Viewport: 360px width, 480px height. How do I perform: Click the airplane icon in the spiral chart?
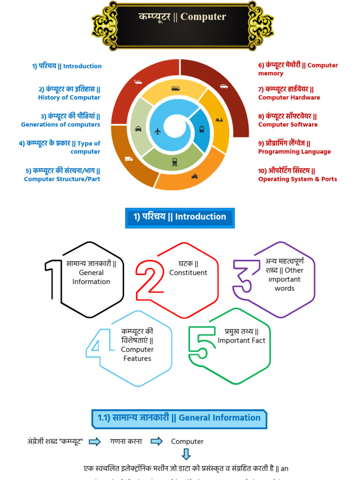click(157, 131)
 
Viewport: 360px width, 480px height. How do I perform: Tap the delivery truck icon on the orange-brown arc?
click(129, 159)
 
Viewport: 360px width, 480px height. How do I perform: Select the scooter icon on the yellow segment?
click(219, 120)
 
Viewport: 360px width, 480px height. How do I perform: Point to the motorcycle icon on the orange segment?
click(195, 176)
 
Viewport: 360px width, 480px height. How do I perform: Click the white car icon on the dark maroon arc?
click(224, 86)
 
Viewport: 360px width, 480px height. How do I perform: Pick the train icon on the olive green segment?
click(175, 162)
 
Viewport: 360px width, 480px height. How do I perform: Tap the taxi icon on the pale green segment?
click(138, 129)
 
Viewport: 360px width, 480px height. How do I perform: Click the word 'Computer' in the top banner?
click(203, 17)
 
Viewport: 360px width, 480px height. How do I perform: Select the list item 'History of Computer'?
click(69, 97)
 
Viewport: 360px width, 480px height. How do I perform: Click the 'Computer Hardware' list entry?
click(289, 97)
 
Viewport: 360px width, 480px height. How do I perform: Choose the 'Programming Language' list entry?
click(294, 151)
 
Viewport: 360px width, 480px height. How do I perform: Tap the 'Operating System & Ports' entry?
click(297, 179)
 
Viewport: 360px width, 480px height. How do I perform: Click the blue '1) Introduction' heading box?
click(180, 217)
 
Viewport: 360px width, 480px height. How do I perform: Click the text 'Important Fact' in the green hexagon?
click(241, 341)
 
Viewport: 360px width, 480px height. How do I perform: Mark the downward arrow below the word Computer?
click(186, 454)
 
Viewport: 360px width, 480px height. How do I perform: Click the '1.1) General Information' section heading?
click(179, 418)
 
